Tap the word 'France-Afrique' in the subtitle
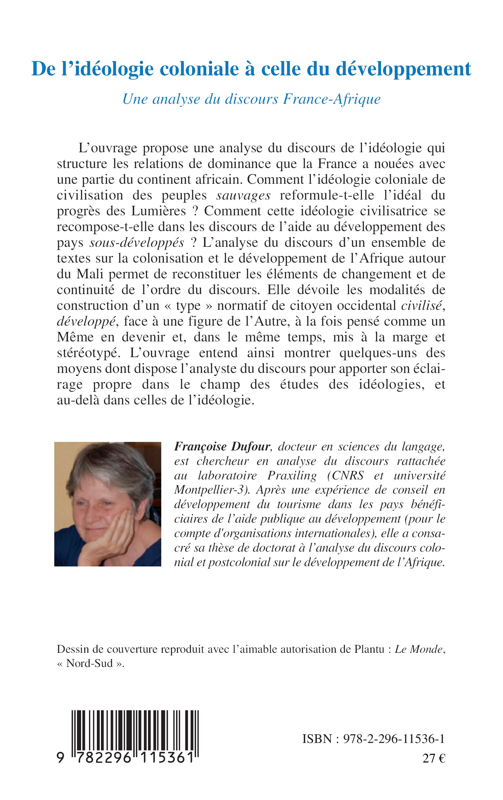pyautogui.click(x=332, y=99)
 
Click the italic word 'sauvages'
pyautogui.click(x=243, y=195)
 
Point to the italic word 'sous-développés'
pyautogui.click(x=137, y=243)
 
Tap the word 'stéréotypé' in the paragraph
pyautogui.click(x=87, y=353)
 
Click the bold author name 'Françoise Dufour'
pyautogui.click(x=222, y=447)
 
